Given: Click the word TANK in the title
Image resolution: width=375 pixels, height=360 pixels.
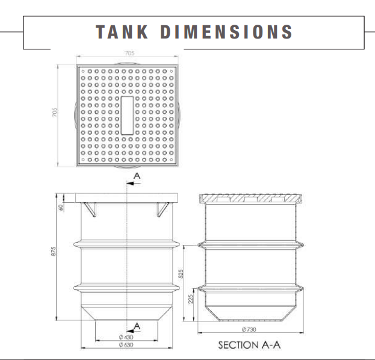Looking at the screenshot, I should click(121, 31).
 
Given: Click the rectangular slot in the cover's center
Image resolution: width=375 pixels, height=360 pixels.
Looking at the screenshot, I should click(128, 115).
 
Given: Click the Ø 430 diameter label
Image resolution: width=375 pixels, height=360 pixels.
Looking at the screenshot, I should click(127, 338).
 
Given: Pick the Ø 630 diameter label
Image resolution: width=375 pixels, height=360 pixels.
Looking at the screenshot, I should click(127, 346).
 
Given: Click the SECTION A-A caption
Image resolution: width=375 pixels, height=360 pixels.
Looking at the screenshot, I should click(249, 346).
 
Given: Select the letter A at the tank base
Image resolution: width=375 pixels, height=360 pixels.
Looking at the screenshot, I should click(137, 326).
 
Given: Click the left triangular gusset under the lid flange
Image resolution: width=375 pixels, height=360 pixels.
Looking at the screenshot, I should click(91, 210).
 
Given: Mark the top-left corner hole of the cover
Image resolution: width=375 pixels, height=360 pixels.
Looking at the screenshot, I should click(83, 70).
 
